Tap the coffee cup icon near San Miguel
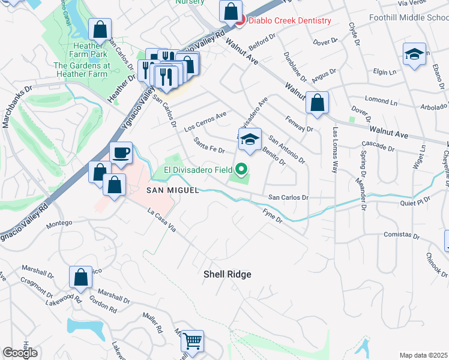[121, 152]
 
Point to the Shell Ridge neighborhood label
[227, 274]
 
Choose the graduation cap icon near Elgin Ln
[414, 55]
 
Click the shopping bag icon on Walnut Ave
[316, 103]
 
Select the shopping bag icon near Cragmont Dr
[80, 277]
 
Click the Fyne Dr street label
[273, 216]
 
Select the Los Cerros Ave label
[205, 121]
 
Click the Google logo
[20, 353]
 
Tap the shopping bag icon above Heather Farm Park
[100, 29]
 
